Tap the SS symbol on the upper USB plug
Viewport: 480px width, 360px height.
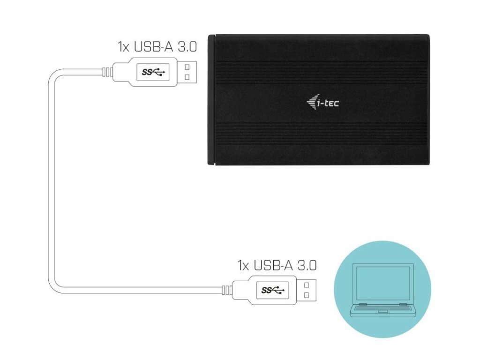[153, 72]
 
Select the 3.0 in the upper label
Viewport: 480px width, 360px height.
[186, 47]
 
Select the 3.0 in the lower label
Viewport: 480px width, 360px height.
[306, 265]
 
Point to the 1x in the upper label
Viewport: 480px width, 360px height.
[123, 47]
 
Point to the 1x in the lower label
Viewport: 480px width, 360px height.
[243, 265]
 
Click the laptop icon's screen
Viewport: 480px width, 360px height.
[382, 283]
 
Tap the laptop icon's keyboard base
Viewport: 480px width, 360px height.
[382, 309]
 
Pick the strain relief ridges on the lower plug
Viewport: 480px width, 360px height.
[226, 290]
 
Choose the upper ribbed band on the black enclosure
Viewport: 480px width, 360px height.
[322, 70]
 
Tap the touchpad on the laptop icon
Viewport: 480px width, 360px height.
[382, 311]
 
